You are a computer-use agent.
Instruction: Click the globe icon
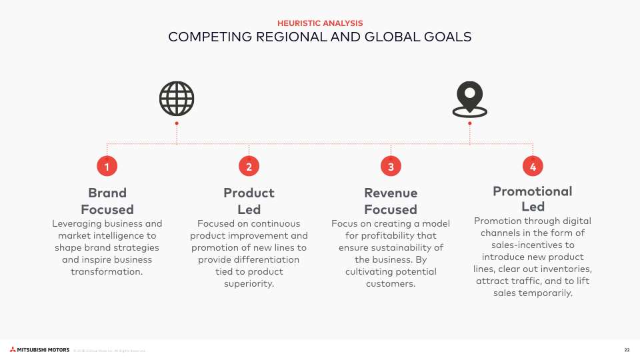click(177, 99)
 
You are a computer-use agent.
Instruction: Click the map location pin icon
click(469, 98)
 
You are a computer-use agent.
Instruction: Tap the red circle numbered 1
click(107, 167)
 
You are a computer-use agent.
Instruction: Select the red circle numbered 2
click(249, 167)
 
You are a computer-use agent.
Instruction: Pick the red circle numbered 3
click(391, 167)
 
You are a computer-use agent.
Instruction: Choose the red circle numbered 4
click(533, 167)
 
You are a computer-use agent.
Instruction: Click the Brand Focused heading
click(107, 201)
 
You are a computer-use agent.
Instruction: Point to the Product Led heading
click(249, 201)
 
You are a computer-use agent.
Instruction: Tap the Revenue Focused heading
click(391, 201)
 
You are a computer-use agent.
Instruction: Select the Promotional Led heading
click(533, 199)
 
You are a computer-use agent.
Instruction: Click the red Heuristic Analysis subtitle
click(320, 23)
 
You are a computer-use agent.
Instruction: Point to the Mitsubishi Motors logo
click(39, 350)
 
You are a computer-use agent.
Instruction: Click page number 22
click(627, 350)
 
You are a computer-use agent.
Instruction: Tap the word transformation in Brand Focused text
click(107, 272)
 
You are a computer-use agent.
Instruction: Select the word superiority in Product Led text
click(249, 284)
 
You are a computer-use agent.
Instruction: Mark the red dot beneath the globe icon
click(177, 123)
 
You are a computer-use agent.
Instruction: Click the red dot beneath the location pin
click(470, 123)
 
